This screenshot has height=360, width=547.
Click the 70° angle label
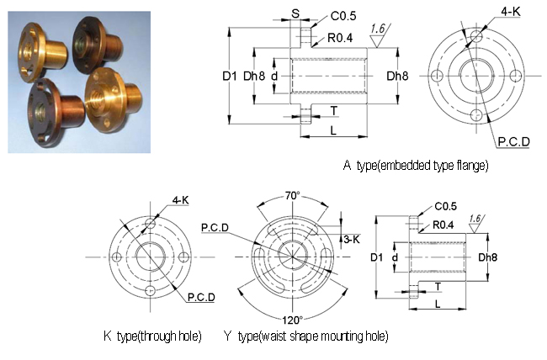click(x=292, y=196)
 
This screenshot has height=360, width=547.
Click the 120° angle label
click(x=292, y=320)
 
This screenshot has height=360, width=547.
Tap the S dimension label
click(x=295, y=13)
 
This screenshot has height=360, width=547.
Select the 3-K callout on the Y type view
click(x=352, y=240)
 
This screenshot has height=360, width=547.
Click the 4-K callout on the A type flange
click(x=510, y=12)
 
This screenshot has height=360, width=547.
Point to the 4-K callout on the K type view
click(x=180, y=200)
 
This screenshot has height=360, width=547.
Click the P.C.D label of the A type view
click(x=513, y=141)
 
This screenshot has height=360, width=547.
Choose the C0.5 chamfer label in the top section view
click(x=343, y=16)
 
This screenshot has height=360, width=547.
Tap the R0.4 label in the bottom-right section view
click(x=443, y=225)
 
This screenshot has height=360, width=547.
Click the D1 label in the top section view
click(x=230, y=76)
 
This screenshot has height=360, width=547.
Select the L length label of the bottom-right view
click(x=438, y=304)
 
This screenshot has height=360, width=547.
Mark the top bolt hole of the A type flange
click(x=476, y=35)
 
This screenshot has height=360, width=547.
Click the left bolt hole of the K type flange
click(x=117, y=257)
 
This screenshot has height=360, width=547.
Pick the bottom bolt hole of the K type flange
click(x=151, y=290)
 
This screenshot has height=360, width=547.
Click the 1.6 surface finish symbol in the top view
click(x=379, y=35)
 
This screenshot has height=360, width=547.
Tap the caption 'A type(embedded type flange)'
click(x=416, y=165)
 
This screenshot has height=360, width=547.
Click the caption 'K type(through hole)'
click(x=152, y=336)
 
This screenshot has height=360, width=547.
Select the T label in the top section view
click(x=334, y=110)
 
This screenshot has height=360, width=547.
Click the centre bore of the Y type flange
click(x=292, y=257)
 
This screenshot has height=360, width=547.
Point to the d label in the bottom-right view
click(x=395, y=257)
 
